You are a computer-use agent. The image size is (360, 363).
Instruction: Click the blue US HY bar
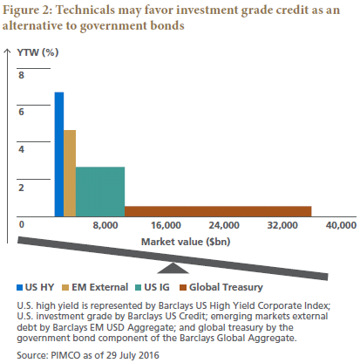[59, 153]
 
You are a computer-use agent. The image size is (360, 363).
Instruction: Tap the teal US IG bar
[100, 190]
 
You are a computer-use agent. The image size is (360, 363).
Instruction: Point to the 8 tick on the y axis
[22, 75]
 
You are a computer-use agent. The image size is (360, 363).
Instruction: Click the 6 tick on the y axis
[22, 112]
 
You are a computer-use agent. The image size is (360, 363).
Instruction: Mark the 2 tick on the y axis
[22, 187]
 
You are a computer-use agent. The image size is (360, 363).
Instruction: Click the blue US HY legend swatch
[20, 286]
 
